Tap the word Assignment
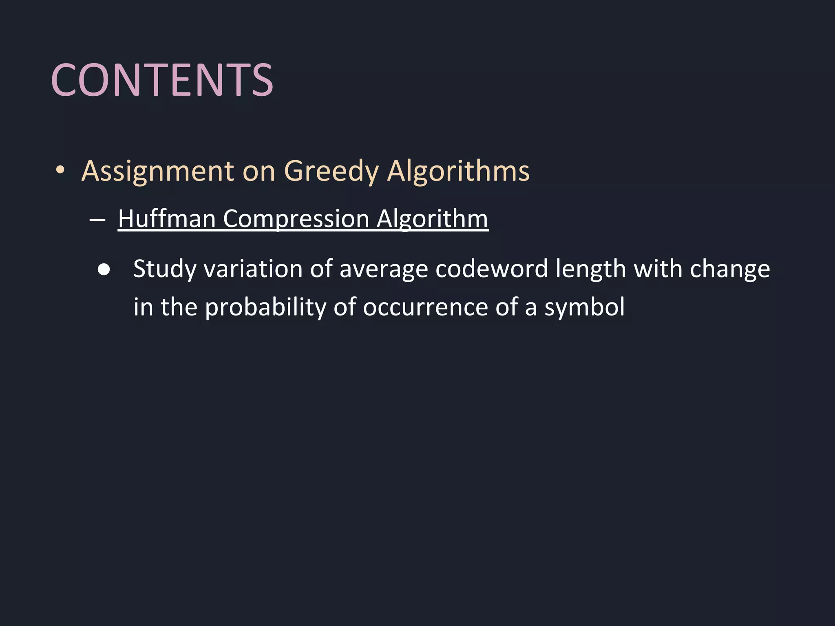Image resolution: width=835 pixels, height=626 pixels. click(158, 171)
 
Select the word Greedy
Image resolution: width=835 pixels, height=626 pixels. click(331, 171)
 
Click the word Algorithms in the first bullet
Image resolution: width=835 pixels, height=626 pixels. click(458, 171)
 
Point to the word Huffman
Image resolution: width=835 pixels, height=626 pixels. click(167, 219)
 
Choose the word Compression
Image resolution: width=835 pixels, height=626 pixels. click(296, 219)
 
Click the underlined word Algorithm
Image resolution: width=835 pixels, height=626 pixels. click(432, 219)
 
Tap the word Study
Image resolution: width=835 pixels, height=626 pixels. click(165, 269)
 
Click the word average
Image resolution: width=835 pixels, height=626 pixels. click(384, 269)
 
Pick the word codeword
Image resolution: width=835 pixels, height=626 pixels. click(492, 269)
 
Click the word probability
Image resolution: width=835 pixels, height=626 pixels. click(265, 307)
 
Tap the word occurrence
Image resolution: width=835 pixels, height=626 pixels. click(425, 307)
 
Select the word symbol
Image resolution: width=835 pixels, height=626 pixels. click(585, 307)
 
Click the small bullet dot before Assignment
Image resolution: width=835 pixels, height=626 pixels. click(60, 170)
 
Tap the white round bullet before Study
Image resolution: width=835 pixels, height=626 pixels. click(104, 270)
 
